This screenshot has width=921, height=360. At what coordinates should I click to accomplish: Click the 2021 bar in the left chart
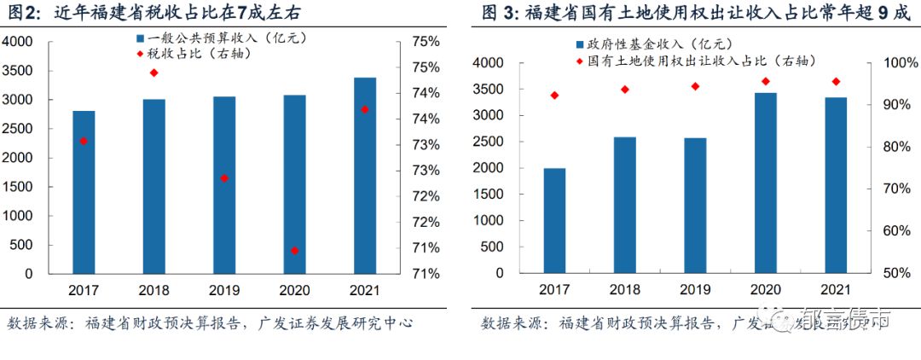pos(365,176)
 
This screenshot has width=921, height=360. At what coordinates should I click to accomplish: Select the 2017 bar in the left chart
pos(84,192)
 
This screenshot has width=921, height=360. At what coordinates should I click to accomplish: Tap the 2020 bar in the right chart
pos(766,183)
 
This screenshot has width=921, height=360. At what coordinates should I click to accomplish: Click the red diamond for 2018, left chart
pos(153,73)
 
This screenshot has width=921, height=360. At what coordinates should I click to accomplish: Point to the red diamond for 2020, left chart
pos(294,251)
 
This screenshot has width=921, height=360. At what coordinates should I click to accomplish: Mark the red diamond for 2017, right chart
pos(554,96)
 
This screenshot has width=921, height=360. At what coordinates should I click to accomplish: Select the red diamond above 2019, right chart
pos(695,86)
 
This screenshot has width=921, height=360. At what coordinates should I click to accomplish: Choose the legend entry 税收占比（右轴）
pos(196,54)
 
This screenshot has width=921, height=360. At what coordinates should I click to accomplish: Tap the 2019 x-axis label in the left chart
pos(224,290)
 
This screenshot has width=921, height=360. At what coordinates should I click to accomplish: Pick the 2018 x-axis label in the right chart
pos(625,290)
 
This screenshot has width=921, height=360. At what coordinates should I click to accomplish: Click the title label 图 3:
pos(501,13)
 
